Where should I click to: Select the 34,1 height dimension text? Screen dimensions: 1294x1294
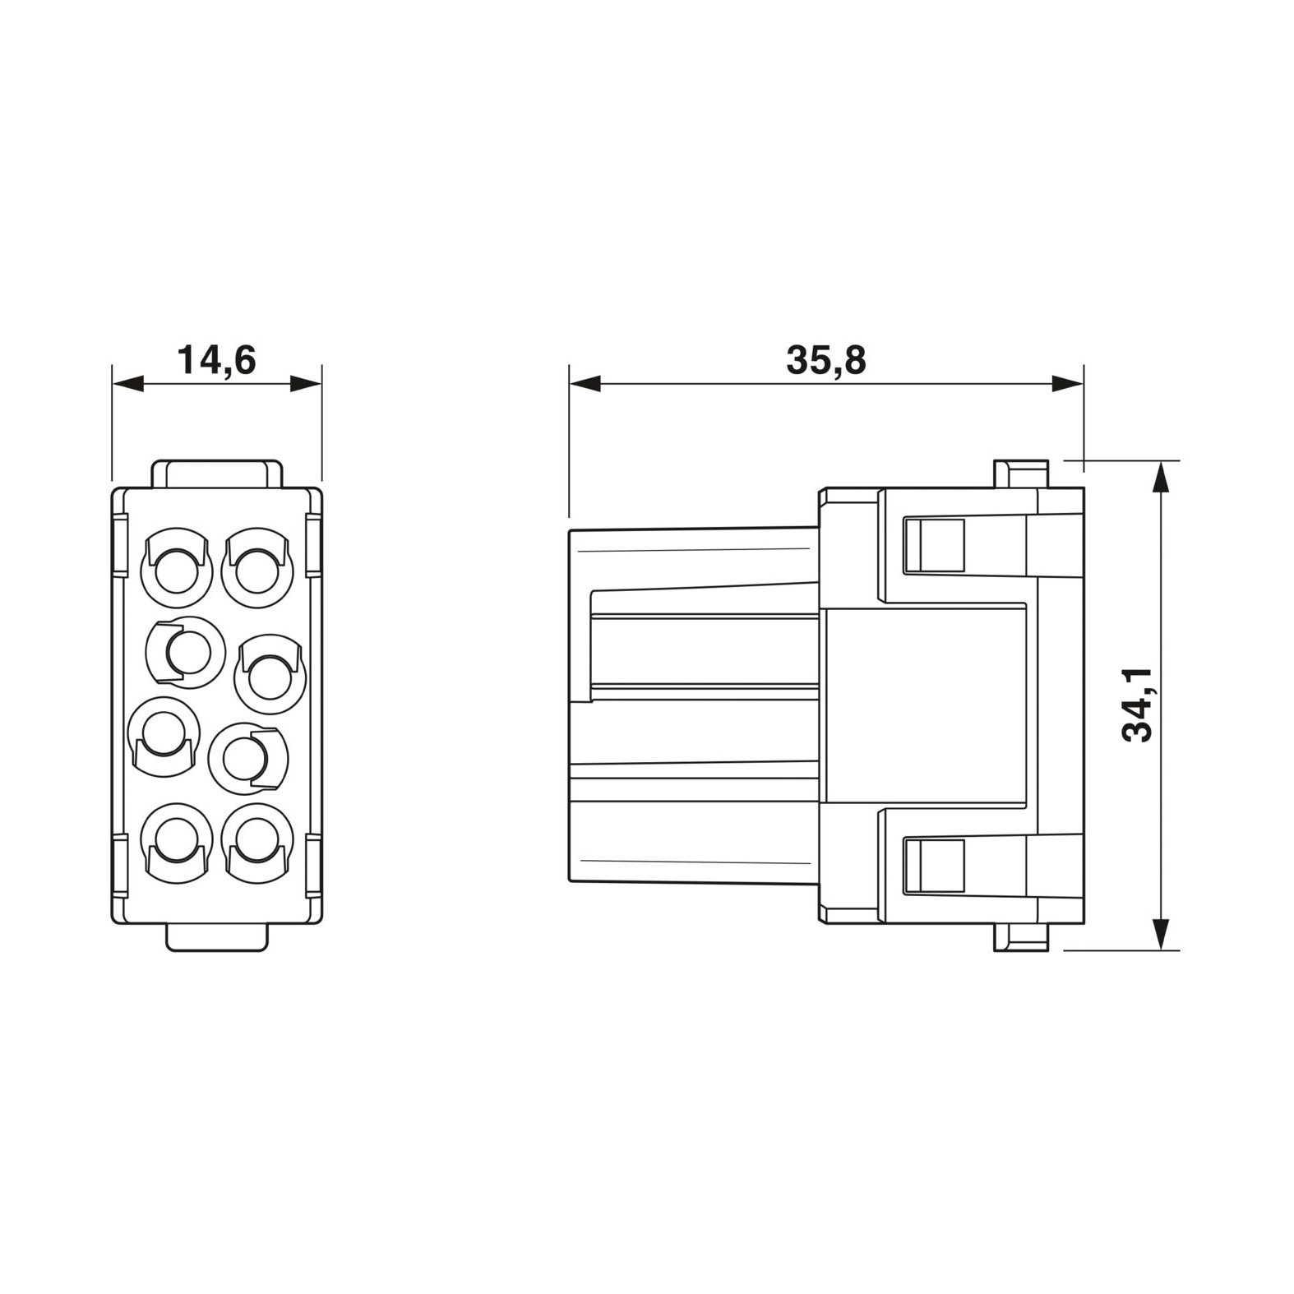click(1140, 705)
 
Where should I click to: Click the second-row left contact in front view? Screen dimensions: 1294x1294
click(185, 652)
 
